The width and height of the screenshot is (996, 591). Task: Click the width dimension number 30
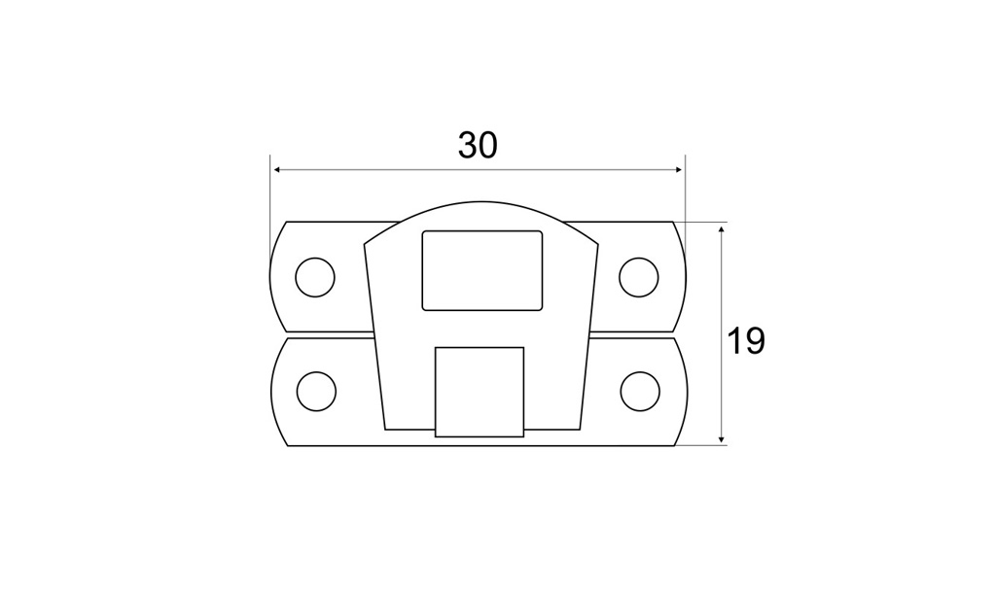click(478, 146)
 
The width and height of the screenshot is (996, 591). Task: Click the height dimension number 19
click(746, 341)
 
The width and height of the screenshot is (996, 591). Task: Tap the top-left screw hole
click(315, 277)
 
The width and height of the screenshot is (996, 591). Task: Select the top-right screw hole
click(639, 277)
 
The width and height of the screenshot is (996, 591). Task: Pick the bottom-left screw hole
click(316, 391)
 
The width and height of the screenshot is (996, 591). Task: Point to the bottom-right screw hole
click(640, 391)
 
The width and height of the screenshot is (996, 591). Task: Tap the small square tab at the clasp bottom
click(480, 392)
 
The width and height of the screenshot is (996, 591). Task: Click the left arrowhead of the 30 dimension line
click(277, 169)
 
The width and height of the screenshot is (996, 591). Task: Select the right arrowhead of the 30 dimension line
click(678, 169)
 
